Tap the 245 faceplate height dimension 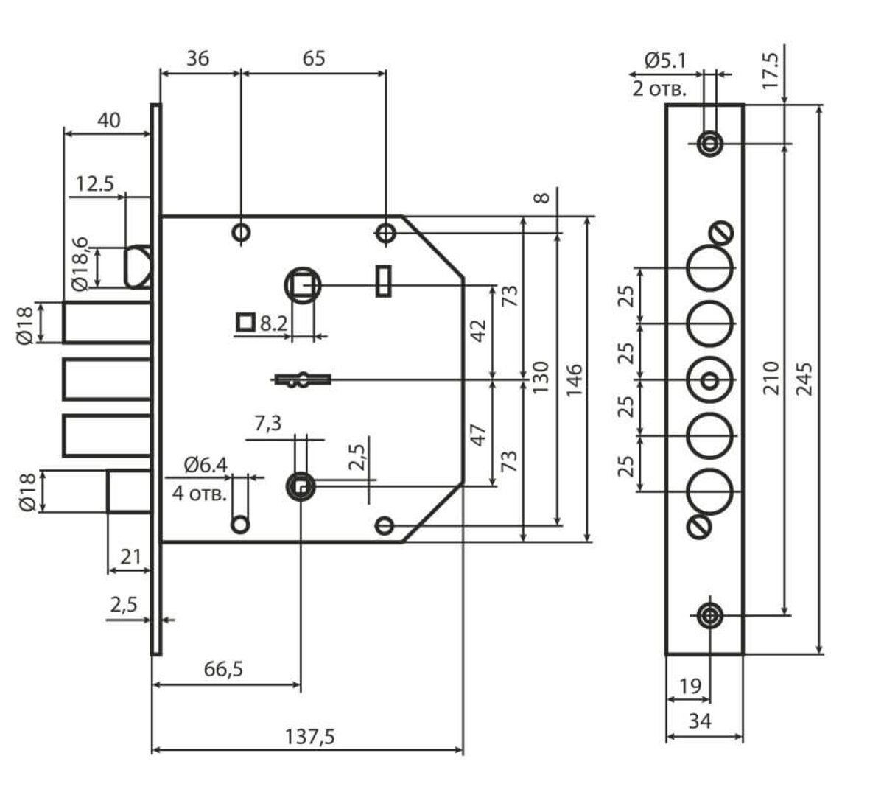804,379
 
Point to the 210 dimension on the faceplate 771,377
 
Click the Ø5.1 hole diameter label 665,60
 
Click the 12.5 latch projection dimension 95,183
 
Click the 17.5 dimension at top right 770,71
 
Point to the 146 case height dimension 575,379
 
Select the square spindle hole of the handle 301,284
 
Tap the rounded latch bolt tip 138,267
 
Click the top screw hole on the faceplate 709,143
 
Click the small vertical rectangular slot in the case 383,280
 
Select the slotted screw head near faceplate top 722,232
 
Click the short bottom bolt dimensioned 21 130,491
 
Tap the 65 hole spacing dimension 313,58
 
